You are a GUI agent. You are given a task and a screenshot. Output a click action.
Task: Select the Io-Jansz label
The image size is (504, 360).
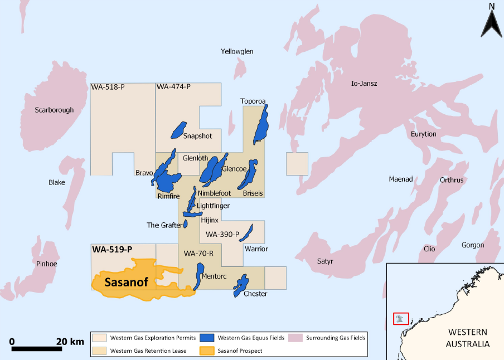(364, 84)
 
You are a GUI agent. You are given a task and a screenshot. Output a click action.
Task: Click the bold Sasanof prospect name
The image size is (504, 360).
(126, 283)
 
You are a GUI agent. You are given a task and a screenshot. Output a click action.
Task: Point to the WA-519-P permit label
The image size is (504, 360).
(112, 249)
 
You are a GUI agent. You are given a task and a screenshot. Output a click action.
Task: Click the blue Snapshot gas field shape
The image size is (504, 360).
(179, 129)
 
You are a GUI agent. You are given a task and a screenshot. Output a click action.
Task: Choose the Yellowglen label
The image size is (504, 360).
(237, 51)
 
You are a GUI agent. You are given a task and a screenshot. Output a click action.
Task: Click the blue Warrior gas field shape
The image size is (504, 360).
(249, 231)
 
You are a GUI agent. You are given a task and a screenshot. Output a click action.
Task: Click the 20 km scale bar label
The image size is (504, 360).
(70, 341)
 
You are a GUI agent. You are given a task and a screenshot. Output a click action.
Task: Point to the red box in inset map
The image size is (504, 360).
(401, 319)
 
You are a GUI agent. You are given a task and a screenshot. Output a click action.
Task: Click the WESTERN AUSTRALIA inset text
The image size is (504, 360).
(468, 338)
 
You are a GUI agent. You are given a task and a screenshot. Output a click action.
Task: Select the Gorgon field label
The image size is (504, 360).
(472, 245)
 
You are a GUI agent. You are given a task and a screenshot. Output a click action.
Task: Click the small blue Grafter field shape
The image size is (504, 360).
(187, 224)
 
